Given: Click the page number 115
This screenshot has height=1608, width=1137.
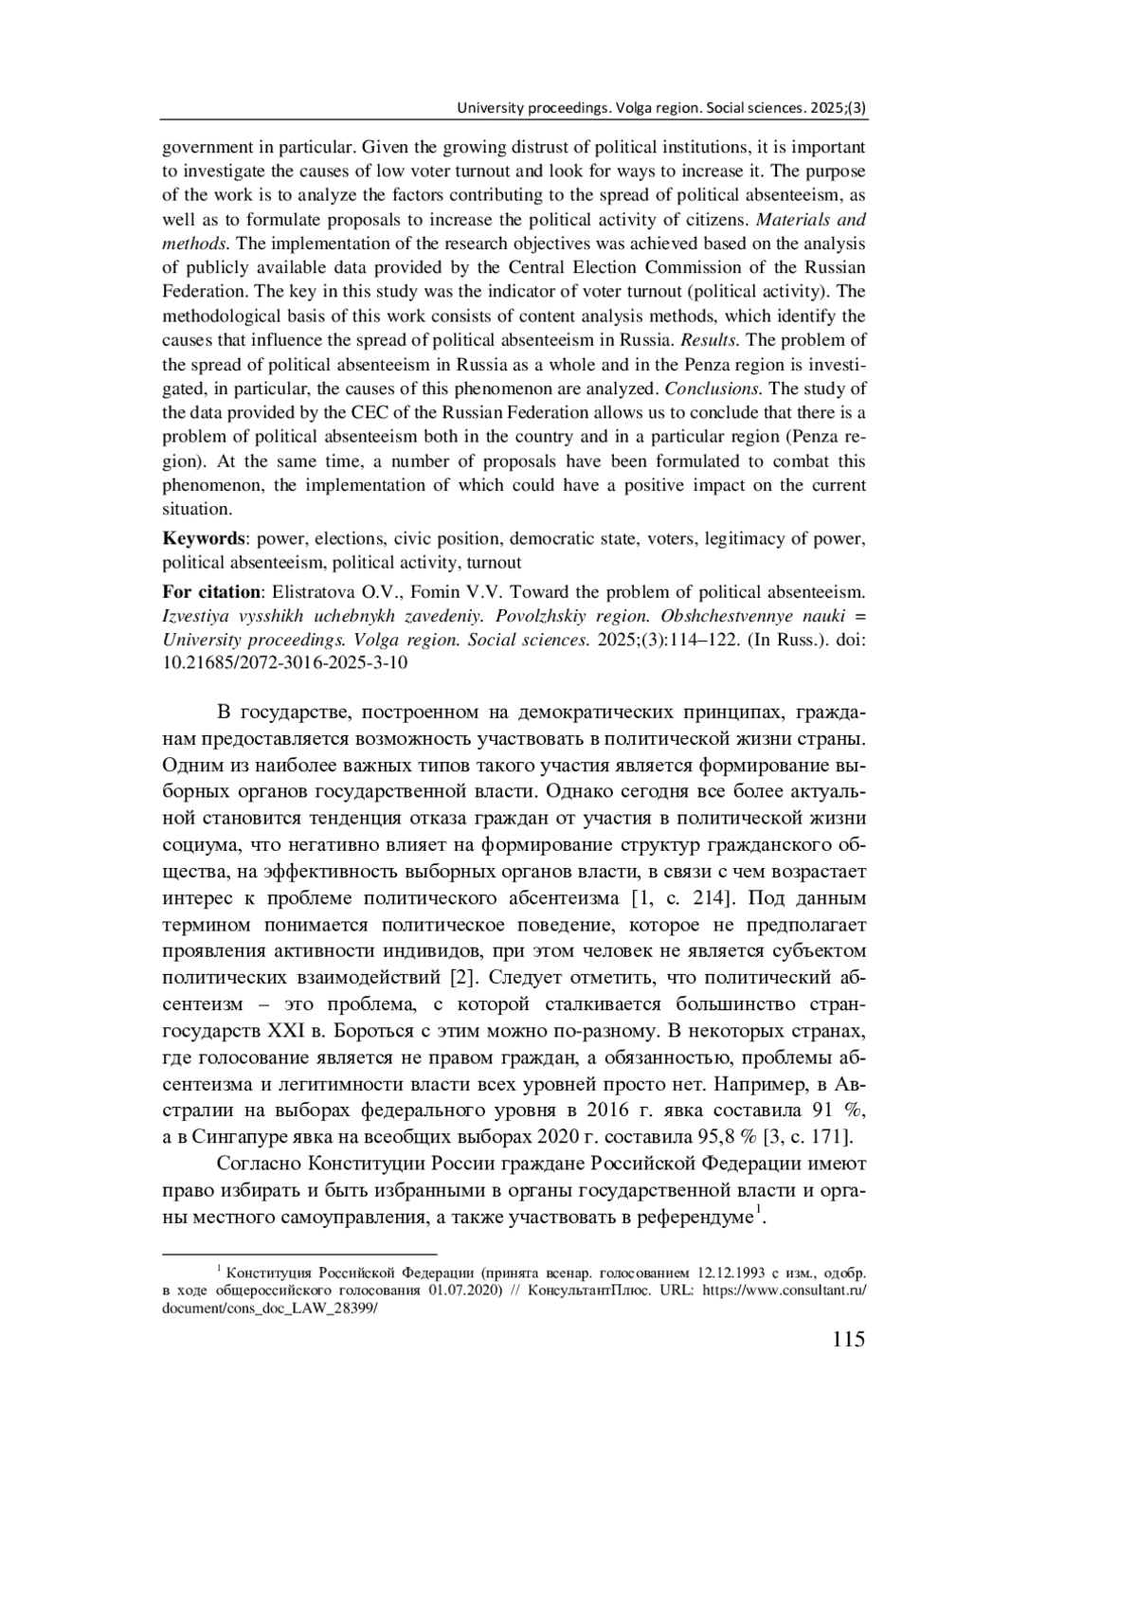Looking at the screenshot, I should pyautogui.click(x=848, y=1339).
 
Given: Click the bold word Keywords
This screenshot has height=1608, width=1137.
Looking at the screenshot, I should pyautogui.click(x=203, y=538).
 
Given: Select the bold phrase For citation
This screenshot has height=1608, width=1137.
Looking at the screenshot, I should pyautogui.click(x=210, y=592).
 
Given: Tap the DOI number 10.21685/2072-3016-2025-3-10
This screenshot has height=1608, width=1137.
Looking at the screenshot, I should pyautogui.click(x=285, y=663).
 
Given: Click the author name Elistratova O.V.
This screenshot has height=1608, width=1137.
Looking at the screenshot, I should pyautogui.click(x=335, y=592).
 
